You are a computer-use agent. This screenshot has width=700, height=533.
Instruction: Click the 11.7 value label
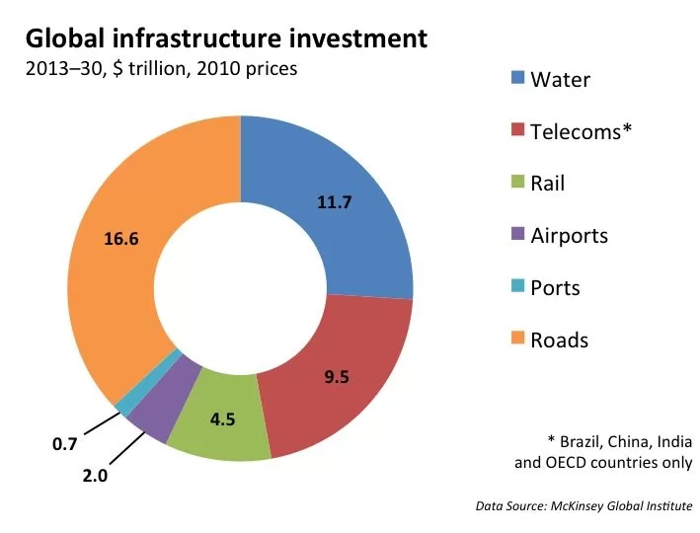pyautogui.click(x=335, y=202)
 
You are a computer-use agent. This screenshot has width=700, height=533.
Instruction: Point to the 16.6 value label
pyautogui.click(x=121, y=239)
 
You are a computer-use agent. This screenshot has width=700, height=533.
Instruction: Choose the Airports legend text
pyautogui.click(x=570, y=236)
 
